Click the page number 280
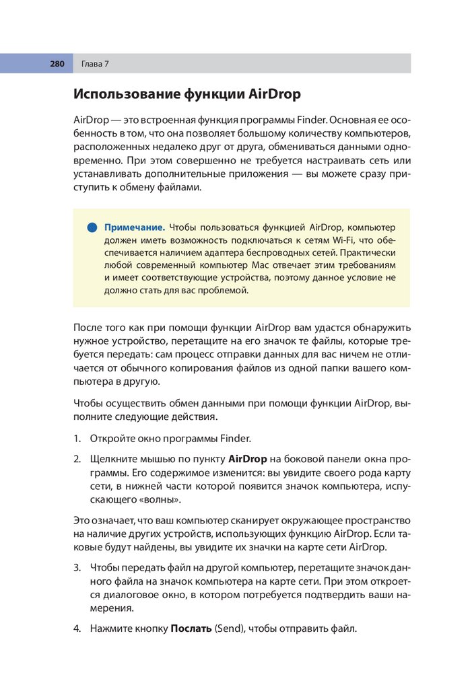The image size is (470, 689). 57,64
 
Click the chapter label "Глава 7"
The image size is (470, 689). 95,64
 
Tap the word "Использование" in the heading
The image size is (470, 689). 126,94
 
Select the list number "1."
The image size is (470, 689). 77,439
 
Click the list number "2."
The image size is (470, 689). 77,460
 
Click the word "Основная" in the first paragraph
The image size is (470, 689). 355,119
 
